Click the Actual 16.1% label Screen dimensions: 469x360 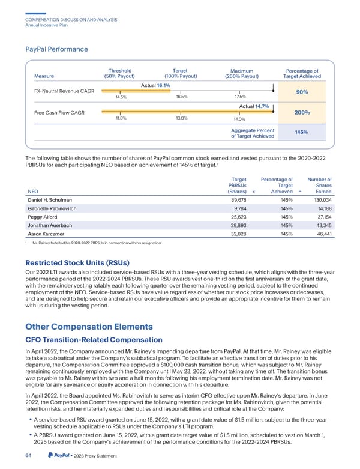pos(155,86)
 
